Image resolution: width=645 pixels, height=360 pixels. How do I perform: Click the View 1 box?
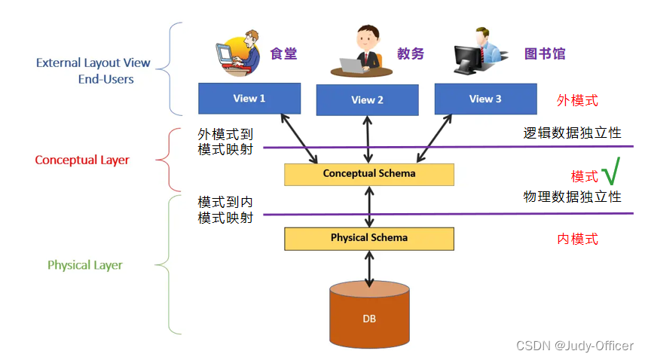249,98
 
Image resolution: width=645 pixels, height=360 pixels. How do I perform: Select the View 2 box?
367,100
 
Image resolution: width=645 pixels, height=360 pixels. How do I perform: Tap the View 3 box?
485,99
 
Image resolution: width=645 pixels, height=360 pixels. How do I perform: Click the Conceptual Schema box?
368,174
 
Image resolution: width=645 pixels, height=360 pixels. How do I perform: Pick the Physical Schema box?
368,238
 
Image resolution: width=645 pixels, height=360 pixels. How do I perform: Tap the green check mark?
611,172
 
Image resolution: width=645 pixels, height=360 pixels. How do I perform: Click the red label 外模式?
577,100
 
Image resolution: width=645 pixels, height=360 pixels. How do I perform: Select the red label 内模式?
577,239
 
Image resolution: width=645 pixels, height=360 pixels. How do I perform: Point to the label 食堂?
284,53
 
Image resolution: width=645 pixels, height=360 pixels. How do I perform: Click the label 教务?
411,53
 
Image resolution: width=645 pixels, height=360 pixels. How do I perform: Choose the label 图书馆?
544,53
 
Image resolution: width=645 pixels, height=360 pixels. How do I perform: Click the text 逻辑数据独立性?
572,133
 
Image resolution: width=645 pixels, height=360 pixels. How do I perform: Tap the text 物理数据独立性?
572,197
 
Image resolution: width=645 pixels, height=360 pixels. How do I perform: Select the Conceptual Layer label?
82,160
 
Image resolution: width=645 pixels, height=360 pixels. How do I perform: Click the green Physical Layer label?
85,265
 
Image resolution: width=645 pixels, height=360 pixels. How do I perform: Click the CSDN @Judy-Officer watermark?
574,346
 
